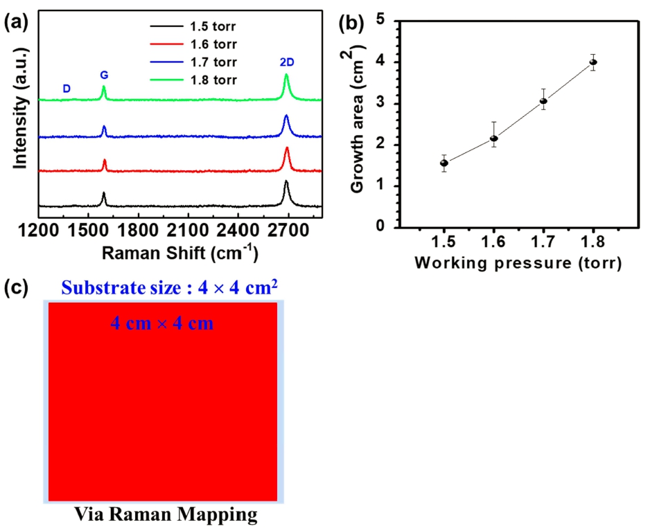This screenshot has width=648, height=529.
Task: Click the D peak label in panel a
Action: (67, 89)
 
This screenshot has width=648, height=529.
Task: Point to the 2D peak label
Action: (286, 63)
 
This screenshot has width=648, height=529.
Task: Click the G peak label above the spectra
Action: (104, 75)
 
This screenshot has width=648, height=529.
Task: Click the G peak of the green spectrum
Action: (104, 89)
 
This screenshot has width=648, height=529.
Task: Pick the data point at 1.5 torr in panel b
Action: (444, 163)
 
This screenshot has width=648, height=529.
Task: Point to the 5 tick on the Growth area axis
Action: (400, 21)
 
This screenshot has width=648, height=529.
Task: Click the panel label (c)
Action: (17, 289)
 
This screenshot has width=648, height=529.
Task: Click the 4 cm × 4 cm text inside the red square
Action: (163, 323)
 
